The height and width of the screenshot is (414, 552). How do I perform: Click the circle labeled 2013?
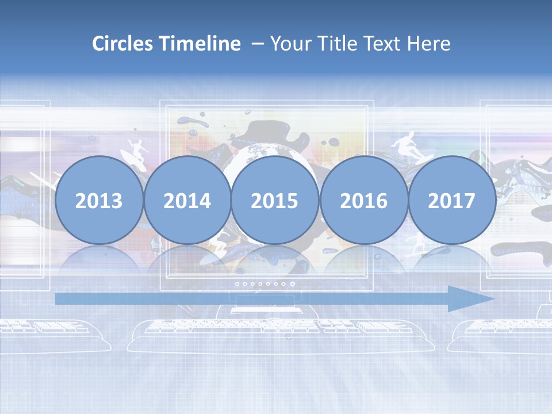99,201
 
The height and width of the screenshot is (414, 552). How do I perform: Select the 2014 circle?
187,201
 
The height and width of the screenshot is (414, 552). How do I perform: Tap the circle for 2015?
275,201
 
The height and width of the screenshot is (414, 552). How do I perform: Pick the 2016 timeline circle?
363,201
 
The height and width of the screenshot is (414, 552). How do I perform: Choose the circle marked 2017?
452,201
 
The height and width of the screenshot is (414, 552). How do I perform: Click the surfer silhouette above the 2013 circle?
133,151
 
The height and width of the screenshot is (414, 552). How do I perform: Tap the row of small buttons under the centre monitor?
265,283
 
